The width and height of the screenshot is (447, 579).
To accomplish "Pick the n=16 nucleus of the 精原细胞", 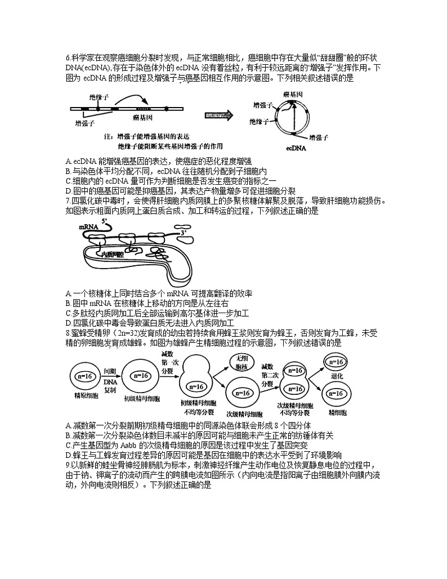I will coord(86,376).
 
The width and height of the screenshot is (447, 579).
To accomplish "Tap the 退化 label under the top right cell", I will coord(337,375).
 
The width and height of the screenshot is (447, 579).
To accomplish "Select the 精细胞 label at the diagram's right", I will coord(337,412).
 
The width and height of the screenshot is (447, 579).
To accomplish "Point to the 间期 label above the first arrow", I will coord(110,371).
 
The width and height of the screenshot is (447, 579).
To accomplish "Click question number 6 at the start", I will coord(68,57).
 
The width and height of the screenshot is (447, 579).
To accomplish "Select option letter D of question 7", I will coord(68,323).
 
